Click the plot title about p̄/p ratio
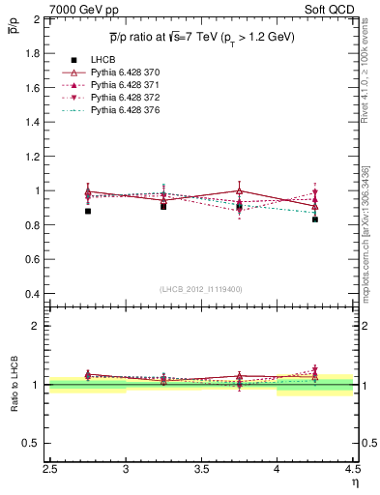(x=201, y=38)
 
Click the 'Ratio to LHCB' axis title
(x=15, y=387)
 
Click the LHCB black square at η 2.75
(x=88, y=211)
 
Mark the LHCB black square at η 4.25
(x=315, y=219)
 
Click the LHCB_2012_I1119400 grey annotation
(x=202, y=289)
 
